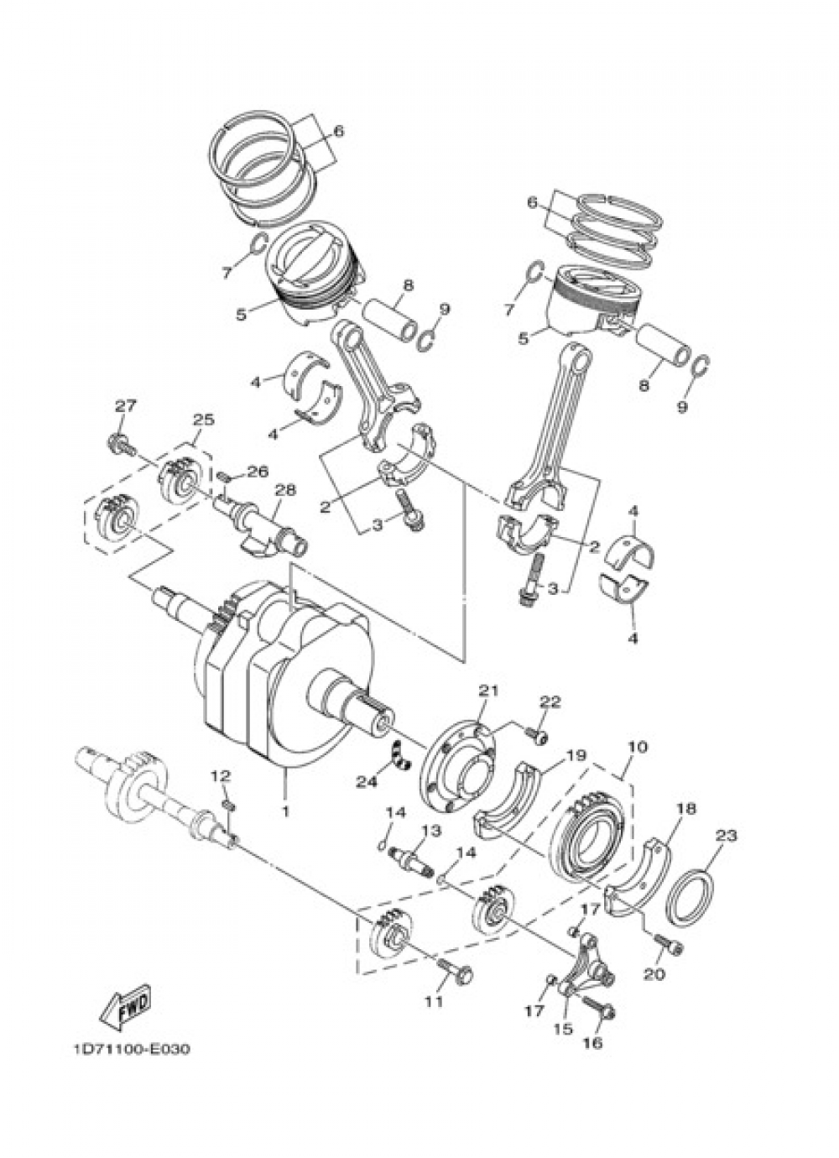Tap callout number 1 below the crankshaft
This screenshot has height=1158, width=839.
[285, 811]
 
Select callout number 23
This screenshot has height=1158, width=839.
[726, 835]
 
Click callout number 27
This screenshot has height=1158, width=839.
[125, 406]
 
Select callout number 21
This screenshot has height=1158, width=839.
[488, 691]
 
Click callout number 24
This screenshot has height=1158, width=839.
[365, 781]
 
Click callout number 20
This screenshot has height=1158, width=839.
[654, 974]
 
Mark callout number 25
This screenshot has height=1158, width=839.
[204, 419]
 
